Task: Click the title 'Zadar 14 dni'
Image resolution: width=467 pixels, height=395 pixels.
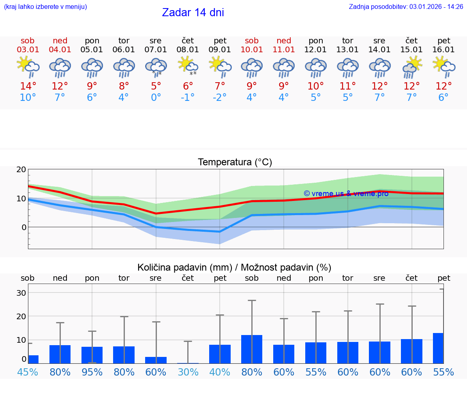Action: (193, 13)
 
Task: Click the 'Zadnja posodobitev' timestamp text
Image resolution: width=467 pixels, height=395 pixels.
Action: (406, 7)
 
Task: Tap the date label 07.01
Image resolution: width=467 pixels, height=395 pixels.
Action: (156, 50)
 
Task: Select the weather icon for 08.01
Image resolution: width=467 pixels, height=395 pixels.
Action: (188, 65)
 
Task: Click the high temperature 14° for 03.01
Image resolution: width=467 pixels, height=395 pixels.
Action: (28, 86)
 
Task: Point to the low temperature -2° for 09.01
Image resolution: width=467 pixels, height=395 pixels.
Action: (220, 98)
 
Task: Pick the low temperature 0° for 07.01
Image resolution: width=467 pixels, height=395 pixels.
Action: (156, 98)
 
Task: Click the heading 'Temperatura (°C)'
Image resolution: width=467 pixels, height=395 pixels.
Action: (235, 162)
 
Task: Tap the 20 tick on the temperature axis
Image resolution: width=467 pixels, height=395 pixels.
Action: (21, 170)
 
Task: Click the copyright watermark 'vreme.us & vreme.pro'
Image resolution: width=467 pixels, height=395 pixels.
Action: (346, 194)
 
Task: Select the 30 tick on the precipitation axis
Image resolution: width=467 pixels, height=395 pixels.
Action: (21, 293)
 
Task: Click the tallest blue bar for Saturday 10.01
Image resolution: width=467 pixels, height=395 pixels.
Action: (252, 349)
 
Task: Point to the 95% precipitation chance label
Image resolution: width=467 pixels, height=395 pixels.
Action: (92, 372)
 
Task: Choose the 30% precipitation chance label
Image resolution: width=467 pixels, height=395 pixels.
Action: (188, 372)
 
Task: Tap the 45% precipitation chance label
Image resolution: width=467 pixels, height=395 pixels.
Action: (28, 372)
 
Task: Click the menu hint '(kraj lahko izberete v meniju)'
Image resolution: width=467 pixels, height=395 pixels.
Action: (45, 7)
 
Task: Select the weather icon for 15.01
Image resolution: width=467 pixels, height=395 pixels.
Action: (412, 66)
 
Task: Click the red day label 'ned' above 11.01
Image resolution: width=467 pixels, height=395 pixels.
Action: (284, 41)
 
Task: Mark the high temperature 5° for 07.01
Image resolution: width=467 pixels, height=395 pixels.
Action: (156, 86)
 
